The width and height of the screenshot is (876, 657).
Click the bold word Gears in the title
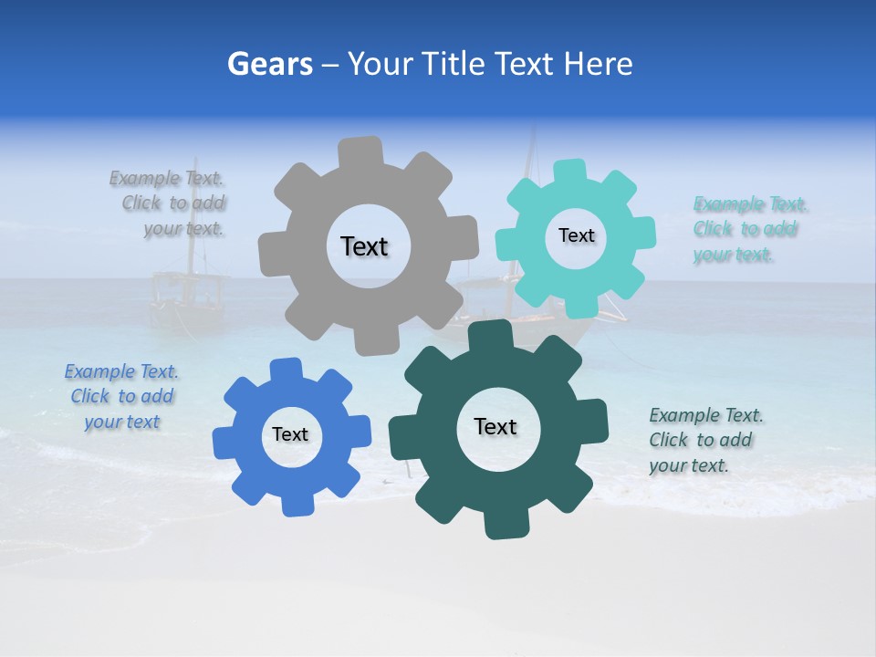(x=269, y=65)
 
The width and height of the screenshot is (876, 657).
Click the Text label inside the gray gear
(x=364, y=246)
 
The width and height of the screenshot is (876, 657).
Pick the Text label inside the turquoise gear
(x=576, y=235)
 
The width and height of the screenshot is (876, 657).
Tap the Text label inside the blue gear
(x=290, y=435)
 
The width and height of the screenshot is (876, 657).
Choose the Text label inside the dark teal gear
(x=495, y=427)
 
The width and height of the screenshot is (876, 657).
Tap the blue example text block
(x=121, y=397)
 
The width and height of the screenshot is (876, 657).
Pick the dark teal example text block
(x=704, y=441)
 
